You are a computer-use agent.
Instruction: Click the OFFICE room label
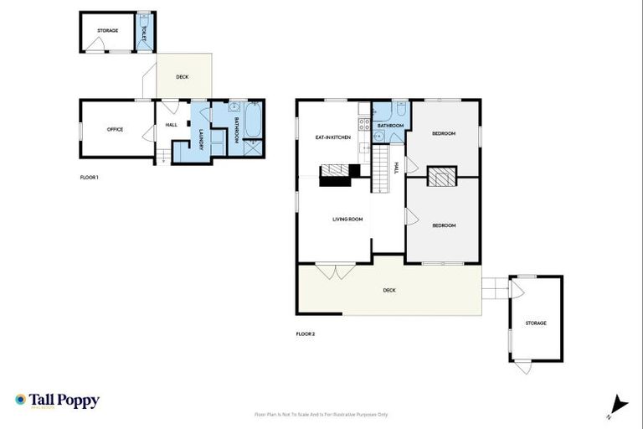tap(115, 129)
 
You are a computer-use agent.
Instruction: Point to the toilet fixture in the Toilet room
tap(145, 19)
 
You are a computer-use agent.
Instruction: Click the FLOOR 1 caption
tap(88, 177)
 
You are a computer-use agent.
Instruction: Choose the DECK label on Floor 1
tap(183, 77)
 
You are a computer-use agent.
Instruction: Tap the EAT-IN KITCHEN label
tap(332, 137)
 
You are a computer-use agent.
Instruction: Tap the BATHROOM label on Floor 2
tap(390, 126)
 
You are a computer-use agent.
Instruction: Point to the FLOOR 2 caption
tap(305, 333)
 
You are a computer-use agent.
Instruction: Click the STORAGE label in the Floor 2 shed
tap(536, 323)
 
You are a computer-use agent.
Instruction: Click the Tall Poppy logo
tap(57, 401)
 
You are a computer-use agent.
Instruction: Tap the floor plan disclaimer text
tap(321, 414)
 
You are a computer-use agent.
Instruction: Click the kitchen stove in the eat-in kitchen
tap(364, 125)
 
